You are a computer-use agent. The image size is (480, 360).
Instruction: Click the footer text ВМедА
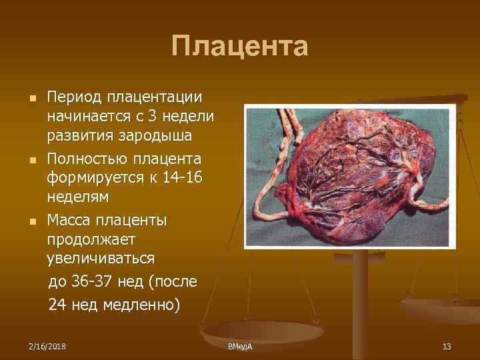pyautogui.click(x=239, y=347)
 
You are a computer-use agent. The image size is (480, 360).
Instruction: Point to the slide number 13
pyautogui.click(x=447, y=346)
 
